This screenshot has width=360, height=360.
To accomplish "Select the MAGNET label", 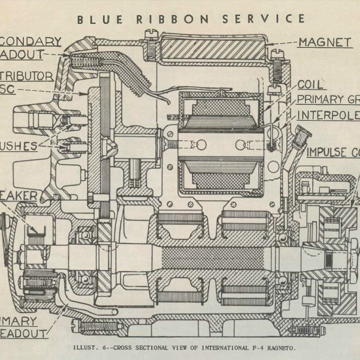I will click(x=324, y=42).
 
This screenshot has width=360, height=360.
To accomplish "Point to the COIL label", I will click(x=310, y=84).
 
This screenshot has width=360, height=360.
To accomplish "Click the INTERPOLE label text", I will click(x=327, y=115).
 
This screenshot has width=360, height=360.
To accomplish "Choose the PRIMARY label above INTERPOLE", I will click(x=320, y=99).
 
